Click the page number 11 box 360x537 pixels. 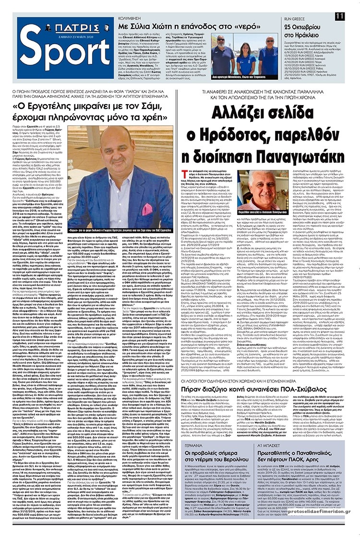point(340,16)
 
